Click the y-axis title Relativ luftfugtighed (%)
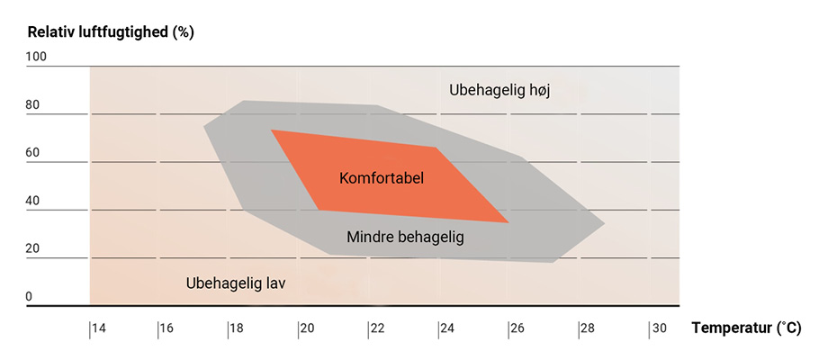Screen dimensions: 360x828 [x=111, y=32]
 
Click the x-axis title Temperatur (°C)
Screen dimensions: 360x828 [x=745, y=329]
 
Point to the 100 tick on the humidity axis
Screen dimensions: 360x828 [x=35, y=57]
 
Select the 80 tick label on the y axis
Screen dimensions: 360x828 [x=32, y=104]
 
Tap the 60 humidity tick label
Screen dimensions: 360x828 [x=32, y=153]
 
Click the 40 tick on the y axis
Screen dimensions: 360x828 [x=32, y=201]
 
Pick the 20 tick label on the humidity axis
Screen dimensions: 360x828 [x=32, y=249]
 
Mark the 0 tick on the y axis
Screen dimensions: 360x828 [x=29, y=297]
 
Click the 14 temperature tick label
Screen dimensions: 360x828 [x=98, y=329]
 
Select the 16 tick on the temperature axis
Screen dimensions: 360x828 [x=166, y=329]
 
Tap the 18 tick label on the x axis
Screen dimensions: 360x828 [x=237, y=329]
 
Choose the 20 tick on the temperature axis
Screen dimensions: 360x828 [x=307, y=329]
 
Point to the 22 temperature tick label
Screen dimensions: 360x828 [x=377, y=329]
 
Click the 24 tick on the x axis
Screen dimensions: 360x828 [x=447, y=329]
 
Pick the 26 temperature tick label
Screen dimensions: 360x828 [x=517, y=329]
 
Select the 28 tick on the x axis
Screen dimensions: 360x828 [x=588, y=329]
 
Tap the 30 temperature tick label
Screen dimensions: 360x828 [x=658, y=329]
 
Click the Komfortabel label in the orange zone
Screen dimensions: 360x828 [x=382, y=178]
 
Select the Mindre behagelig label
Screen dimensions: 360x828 [x=405, y=237]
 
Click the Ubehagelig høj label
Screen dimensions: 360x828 [x=499, y=91]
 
